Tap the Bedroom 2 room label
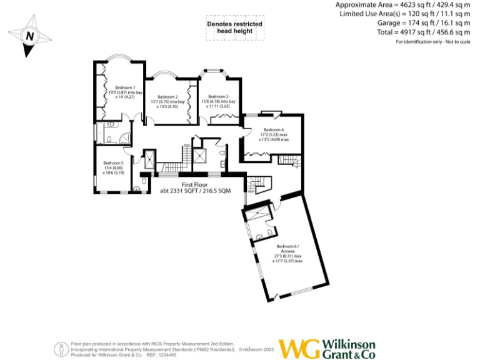coord(167,97)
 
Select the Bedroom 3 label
coord(218,97)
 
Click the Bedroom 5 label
coord(113,163)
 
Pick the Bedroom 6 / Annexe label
coord(288,248)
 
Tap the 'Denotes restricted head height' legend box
coord(234,28)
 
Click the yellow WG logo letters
coord(299,349)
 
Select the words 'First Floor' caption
coord(194,185)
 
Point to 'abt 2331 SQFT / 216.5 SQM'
coord(194,191)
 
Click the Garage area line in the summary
coord(424,22)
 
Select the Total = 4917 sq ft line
coord(424,32)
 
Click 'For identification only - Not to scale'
coord(432,41)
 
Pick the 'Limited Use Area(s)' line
coord(405,14)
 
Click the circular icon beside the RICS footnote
coord(61,349)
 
